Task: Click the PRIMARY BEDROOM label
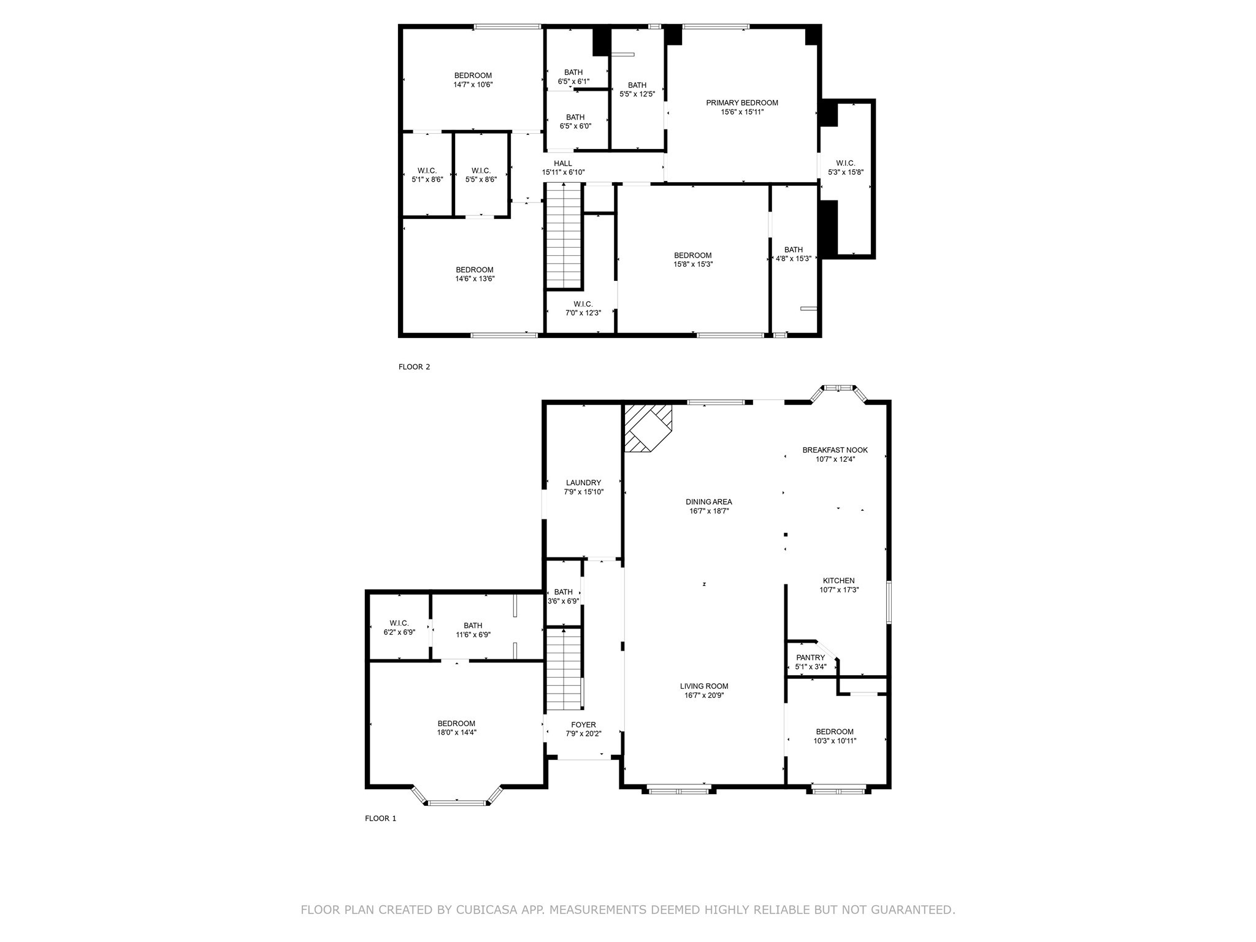pos(742,103)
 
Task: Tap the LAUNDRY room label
pos(583,483)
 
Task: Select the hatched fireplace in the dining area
pos(648,428)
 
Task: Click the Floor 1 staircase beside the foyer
pos(564,670)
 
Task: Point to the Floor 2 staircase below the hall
pos(564,235)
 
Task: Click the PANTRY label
pos(811,657)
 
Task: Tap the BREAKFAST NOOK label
pos(835,450)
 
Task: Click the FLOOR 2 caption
pos(415,367)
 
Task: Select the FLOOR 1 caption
pos(381,818)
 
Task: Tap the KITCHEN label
pos(839,581)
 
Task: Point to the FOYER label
pos(584,725)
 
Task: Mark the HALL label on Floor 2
pos(563,163)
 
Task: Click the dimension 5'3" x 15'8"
pos(846,172)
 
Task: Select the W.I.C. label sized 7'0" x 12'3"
pos(583,304)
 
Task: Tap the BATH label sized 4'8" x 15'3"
pos(794,250)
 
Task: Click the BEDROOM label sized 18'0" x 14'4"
pos(456,724)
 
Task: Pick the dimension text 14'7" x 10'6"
pos(473,85)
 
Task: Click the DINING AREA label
pos(709,502)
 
